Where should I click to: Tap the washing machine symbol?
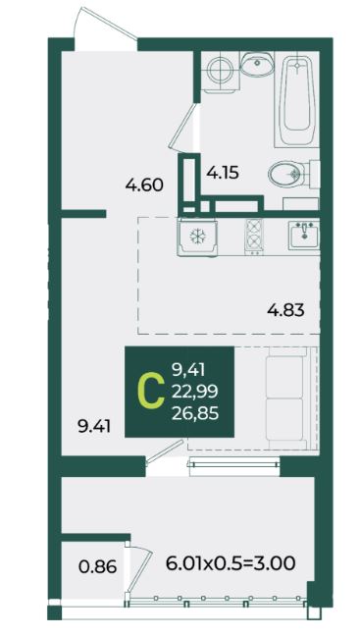pyautogui.click(x=220, y=72)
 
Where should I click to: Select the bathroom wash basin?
pyautogui.click(x=257, y=64)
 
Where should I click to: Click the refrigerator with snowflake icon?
pyautogui.click(x=197, y=237)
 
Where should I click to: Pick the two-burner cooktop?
pyautogui.click(x=254, y=237)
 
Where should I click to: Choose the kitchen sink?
pyautogui.click(x=304, y=236)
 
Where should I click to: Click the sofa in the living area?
pyautogui.click(x=286, y=398)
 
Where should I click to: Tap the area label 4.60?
pyautogui.click(x=144, y=185)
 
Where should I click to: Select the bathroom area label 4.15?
pyautogui.click(x=223, y=173)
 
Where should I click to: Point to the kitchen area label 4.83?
pyautogui.click(x=285, y=311)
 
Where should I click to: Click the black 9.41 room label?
pyautogui.click(x=94, y=427)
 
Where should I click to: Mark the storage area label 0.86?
pyautogui.click(x=98, y=566)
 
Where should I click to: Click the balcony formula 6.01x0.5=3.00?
pyautogui.click(x=231, y=563)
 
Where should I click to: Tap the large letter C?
pyautogui.click(x=151, y=392)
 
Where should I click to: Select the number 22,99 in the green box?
pyautogui.click(x=195, y=392)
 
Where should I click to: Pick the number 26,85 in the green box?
pyautogui.click(x=195, y=414)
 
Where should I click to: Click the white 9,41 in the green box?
pyautogui.click(x=188, y=369)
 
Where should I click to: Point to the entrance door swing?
pyautogui.click(x=106, y=26)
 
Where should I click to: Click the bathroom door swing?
pyautogui.click(x=184, y=127)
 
